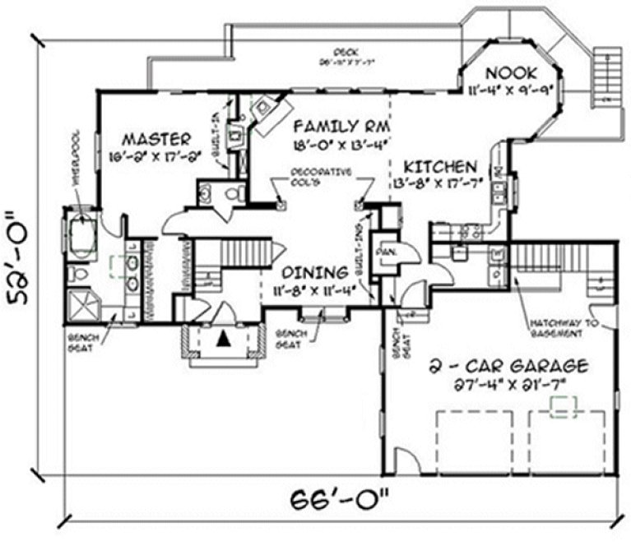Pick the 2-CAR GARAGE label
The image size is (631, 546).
pos(510,365)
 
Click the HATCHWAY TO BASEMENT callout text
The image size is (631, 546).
pos(556,328)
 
